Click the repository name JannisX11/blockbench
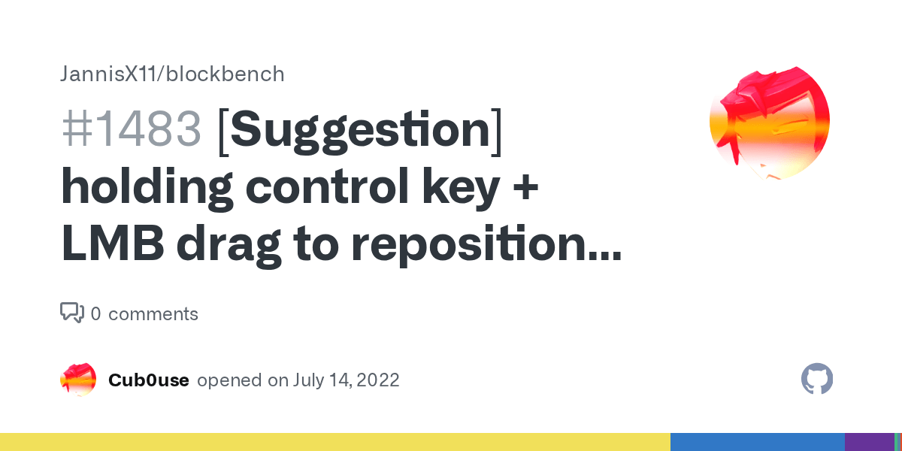tap(172, 74)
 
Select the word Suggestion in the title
tap(360, 129)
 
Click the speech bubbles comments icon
tap(72, 313)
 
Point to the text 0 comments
tap(144, 314)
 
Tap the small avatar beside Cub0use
tap(78, 380)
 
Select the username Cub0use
tap(148, 380)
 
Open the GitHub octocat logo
tap(817, 380)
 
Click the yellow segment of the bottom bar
tap(334, 442)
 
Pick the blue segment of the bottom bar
tap(757, 442)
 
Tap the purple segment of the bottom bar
tap(868, 442)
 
